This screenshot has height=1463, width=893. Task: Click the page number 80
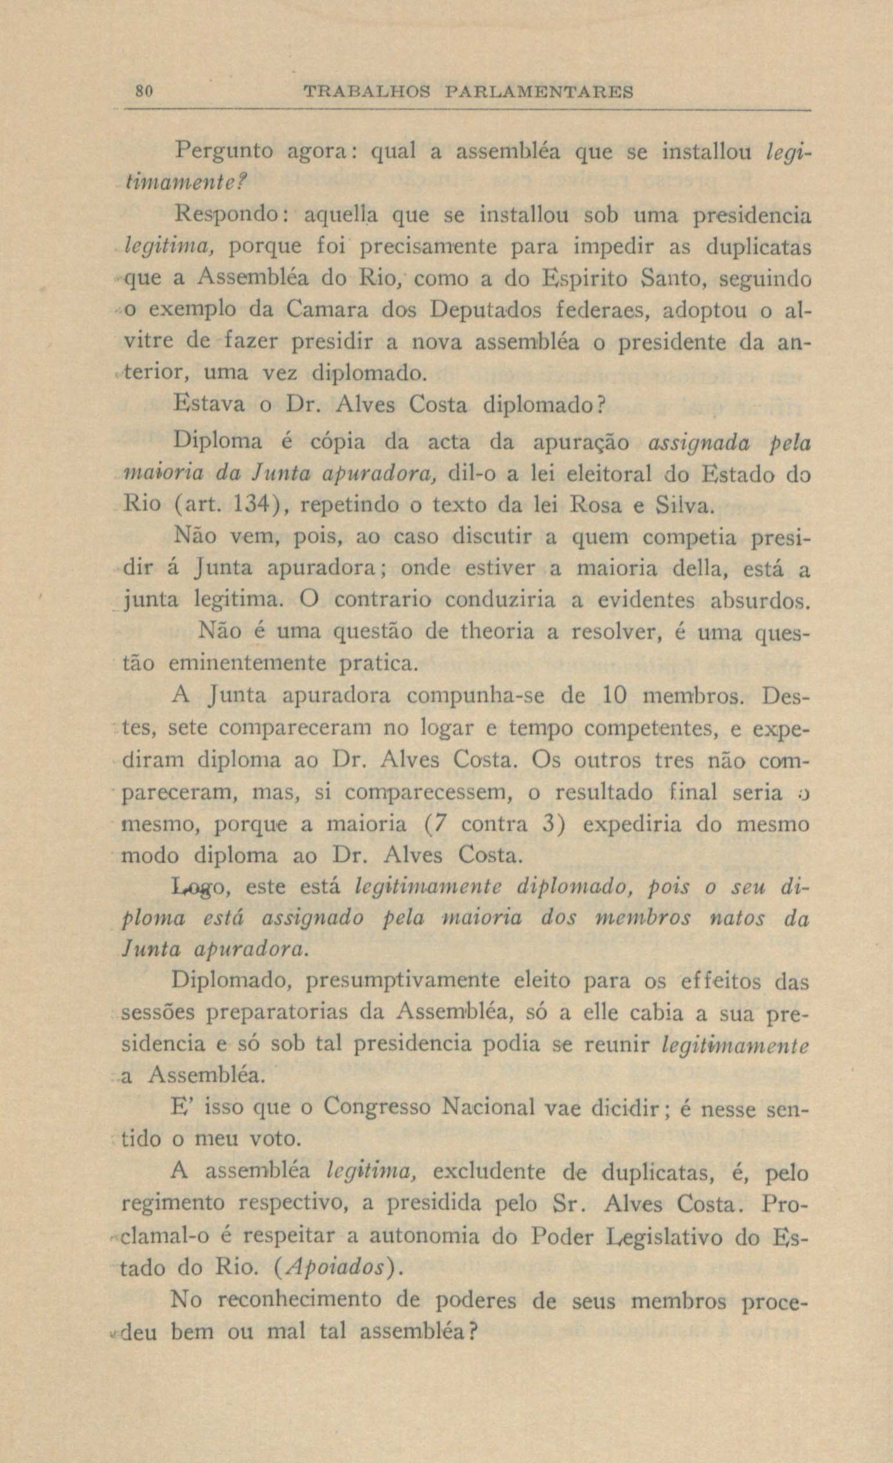pos(145,92)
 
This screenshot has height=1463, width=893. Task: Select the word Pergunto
pos(223,153)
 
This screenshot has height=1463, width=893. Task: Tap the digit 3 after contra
pos(549,825)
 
